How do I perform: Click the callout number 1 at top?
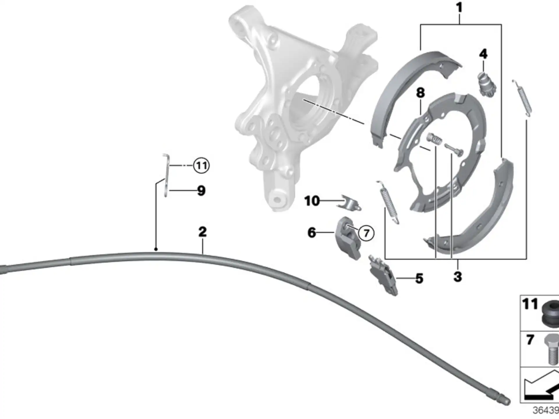click(459, 7)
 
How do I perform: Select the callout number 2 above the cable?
click(203, 232)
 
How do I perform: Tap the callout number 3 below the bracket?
click(458, 276)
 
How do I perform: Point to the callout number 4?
click(483, 54)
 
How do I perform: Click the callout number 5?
click(419, 278)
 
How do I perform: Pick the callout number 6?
click(312, 232)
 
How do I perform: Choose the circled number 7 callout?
click(366, 233)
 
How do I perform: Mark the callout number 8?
click(420, 93)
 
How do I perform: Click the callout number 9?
click(201, 191)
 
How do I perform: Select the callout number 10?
click(312, 201)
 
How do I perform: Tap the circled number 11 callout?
click(201, 166)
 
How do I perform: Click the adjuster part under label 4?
click(487, 84)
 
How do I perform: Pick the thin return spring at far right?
click(522, 97)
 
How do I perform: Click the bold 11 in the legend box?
click(530, 304)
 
